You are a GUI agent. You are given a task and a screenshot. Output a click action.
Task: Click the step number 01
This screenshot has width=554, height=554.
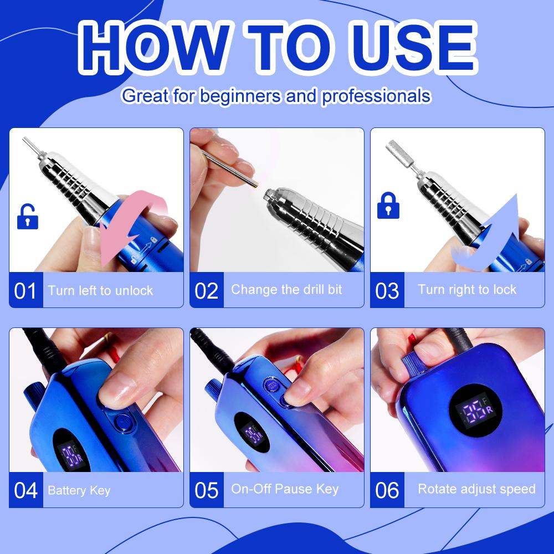click(x=25, y=290)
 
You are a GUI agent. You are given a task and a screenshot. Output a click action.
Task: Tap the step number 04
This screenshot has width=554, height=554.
click(x=25, y=490)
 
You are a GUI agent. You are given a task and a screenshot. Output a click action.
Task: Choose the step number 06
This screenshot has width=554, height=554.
click(x=387, y=490)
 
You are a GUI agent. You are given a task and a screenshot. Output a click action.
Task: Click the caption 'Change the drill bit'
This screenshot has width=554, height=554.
click(x=286, y=289)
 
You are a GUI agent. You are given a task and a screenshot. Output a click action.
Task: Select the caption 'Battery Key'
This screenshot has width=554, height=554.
click(x=79, y=490)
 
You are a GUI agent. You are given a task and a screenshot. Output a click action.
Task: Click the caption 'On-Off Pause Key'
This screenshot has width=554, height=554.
click(x=285, y=489)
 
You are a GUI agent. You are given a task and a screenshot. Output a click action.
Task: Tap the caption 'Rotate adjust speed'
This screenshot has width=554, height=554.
click(x=476, y=489)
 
